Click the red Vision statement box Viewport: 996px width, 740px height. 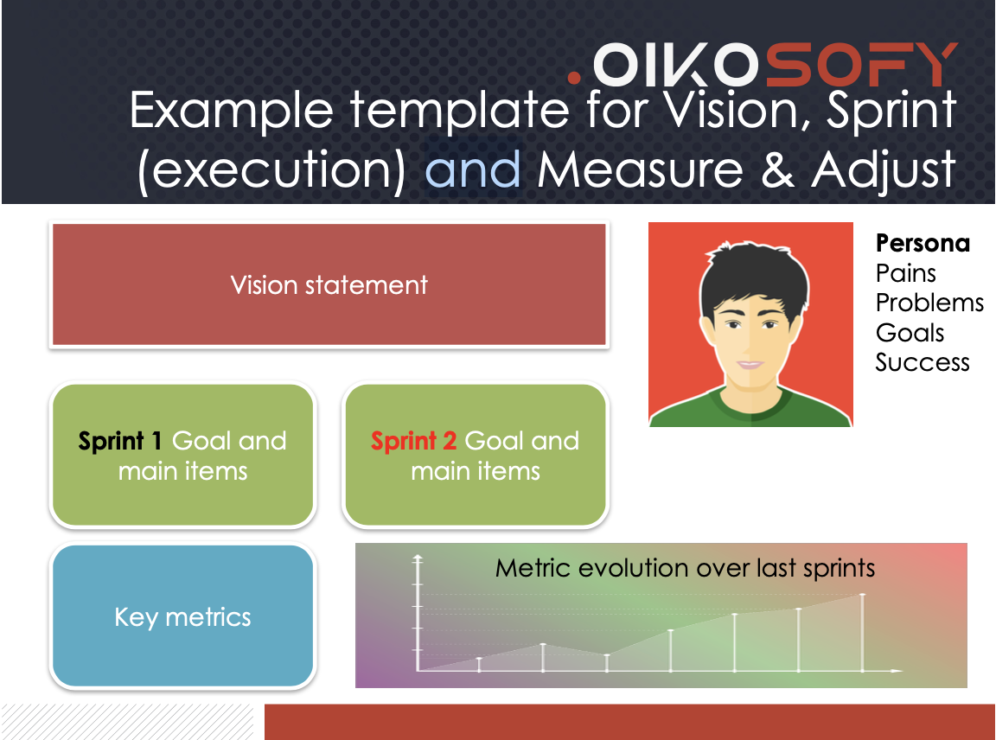(329, 284)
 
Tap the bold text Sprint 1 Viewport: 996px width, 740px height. (120, 441)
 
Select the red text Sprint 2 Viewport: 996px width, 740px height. (413, 441)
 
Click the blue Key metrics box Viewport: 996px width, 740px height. (183, 616)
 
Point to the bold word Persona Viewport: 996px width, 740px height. (923, 243)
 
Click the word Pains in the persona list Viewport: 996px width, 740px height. (906, 273)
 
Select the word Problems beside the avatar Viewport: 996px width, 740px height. (929, 303)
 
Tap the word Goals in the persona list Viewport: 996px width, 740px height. (910, 333)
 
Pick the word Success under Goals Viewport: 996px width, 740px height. (923, 363)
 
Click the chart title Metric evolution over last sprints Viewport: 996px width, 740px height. (685, 568)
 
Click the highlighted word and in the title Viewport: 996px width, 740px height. (473, 169)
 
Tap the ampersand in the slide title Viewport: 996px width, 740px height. (777, 169)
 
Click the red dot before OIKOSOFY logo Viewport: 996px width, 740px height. (574, 78)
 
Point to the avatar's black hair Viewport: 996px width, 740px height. (753, 270)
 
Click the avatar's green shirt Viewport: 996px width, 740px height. (750, 410)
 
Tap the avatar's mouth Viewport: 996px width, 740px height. (750, 365)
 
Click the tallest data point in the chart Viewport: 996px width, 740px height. (862, 595)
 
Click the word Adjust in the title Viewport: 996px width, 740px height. (884, 169)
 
